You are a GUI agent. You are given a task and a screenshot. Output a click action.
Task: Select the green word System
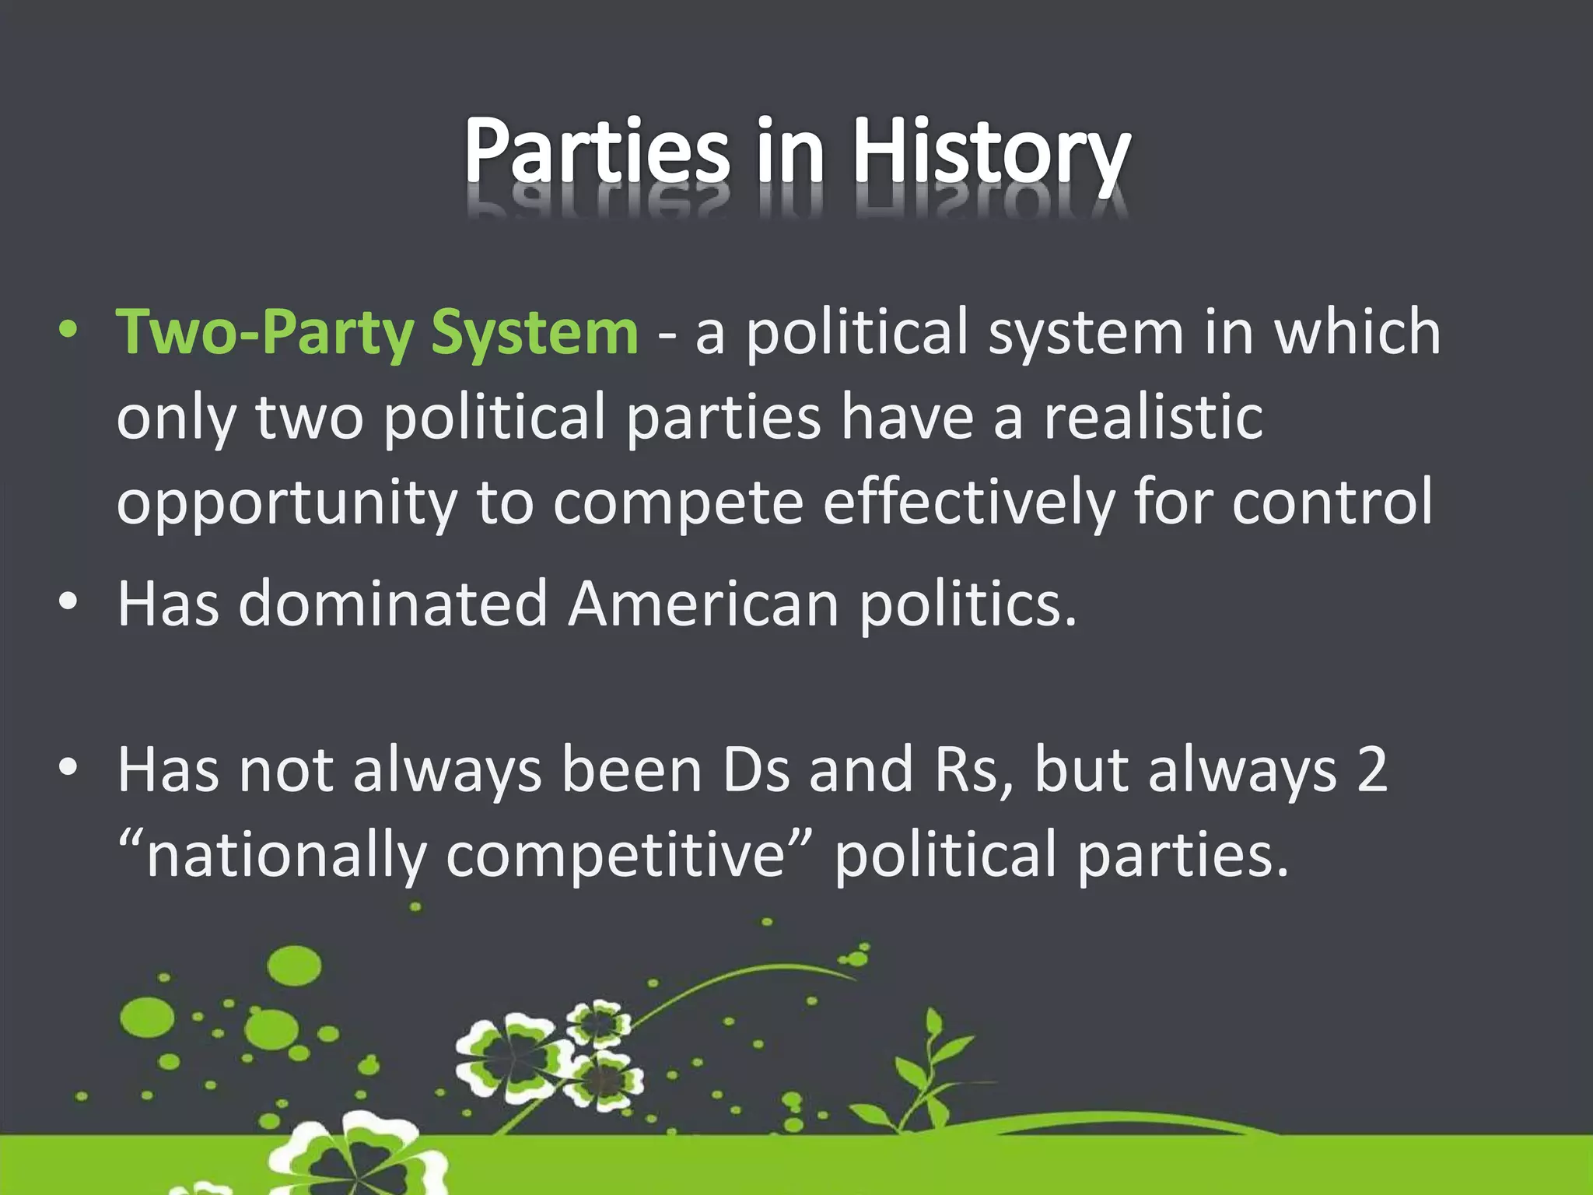pos(534,333)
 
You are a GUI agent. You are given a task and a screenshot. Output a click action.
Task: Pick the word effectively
pos(968,502)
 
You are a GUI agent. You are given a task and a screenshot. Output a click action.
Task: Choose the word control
pos(1332,502)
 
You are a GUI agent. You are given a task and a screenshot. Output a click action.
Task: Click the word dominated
pos(393,604)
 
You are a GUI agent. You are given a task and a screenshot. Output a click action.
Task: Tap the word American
pos(703,604)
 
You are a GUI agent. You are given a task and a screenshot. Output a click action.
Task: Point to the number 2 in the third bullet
pos(1372,769)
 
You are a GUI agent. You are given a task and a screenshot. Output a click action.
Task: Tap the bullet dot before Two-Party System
pos(68,331)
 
